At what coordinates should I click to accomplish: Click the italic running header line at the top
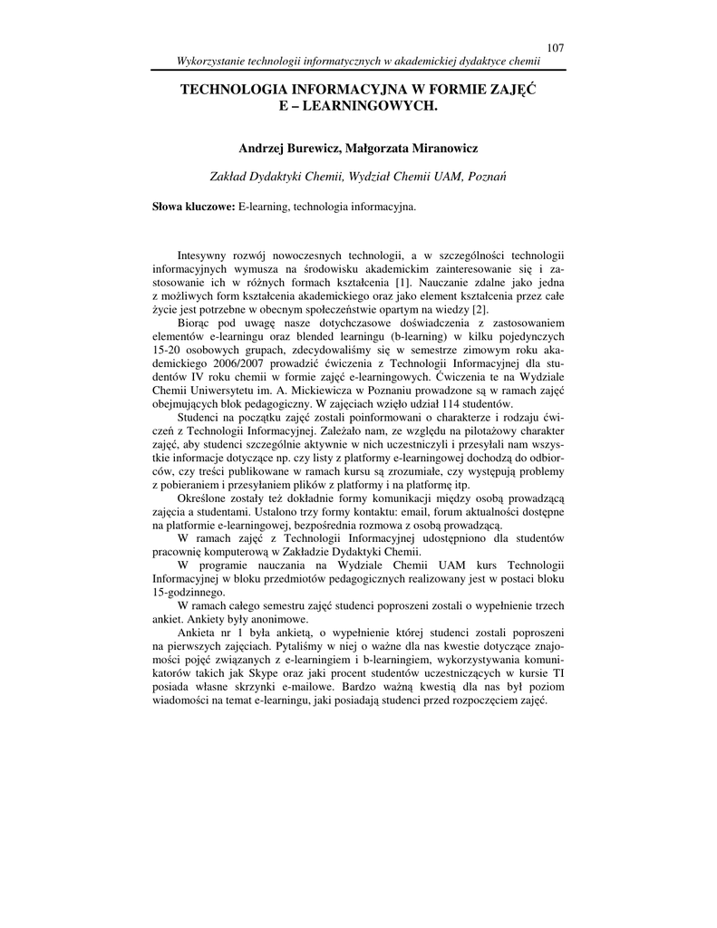point(358,62)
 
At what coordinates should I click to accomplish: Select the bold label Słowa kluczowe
point(193,208)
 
